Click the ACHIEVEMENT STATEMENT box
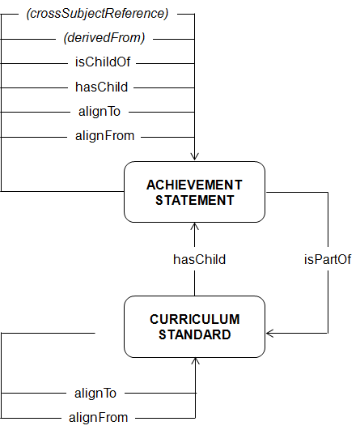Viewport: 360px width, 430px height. pos(194,192)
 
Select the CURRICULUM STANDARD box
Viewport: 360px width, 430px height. pos(194,326)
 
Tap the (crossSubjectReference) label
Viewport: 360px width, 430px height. pos(97,14)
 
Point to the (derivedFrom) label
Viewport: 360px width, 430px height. pos(104,37)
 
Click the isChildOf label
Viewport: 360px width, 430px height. pos(103,62)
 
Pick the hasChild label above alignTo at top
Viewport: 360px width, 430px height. pos(102,87)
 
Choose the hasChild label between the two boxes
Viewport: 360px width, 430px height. pos(200,259)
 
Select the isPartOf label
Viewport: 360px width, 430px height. pos(328,259)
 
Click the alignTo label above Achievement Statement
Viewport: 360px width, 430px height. pos(100,112)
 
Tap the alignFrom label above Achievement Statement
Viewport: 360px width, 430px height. pos(105,136)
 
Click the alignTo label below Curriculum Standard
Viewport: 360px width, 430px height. pos(95,394)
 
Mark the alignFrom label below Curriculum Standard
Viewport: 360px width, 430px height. pos(99,418)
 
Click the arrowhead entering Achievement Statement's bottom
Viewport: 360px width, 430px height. pos(194,227)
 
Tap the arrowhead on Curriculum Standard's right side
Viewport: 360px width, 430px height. pos(270,334)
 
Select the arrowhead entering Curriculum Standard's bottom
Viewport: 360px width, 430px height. pos(195,361)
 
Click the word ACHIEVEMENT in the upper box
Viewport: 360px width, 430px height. pos(194,185)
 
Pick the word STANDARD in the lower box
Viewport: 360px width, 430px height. pos(194,334)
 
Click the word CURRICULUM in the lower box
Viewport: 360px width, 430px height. pos(195,319)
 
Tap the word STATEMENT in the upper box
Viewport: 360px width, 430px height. pos(195,200)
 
